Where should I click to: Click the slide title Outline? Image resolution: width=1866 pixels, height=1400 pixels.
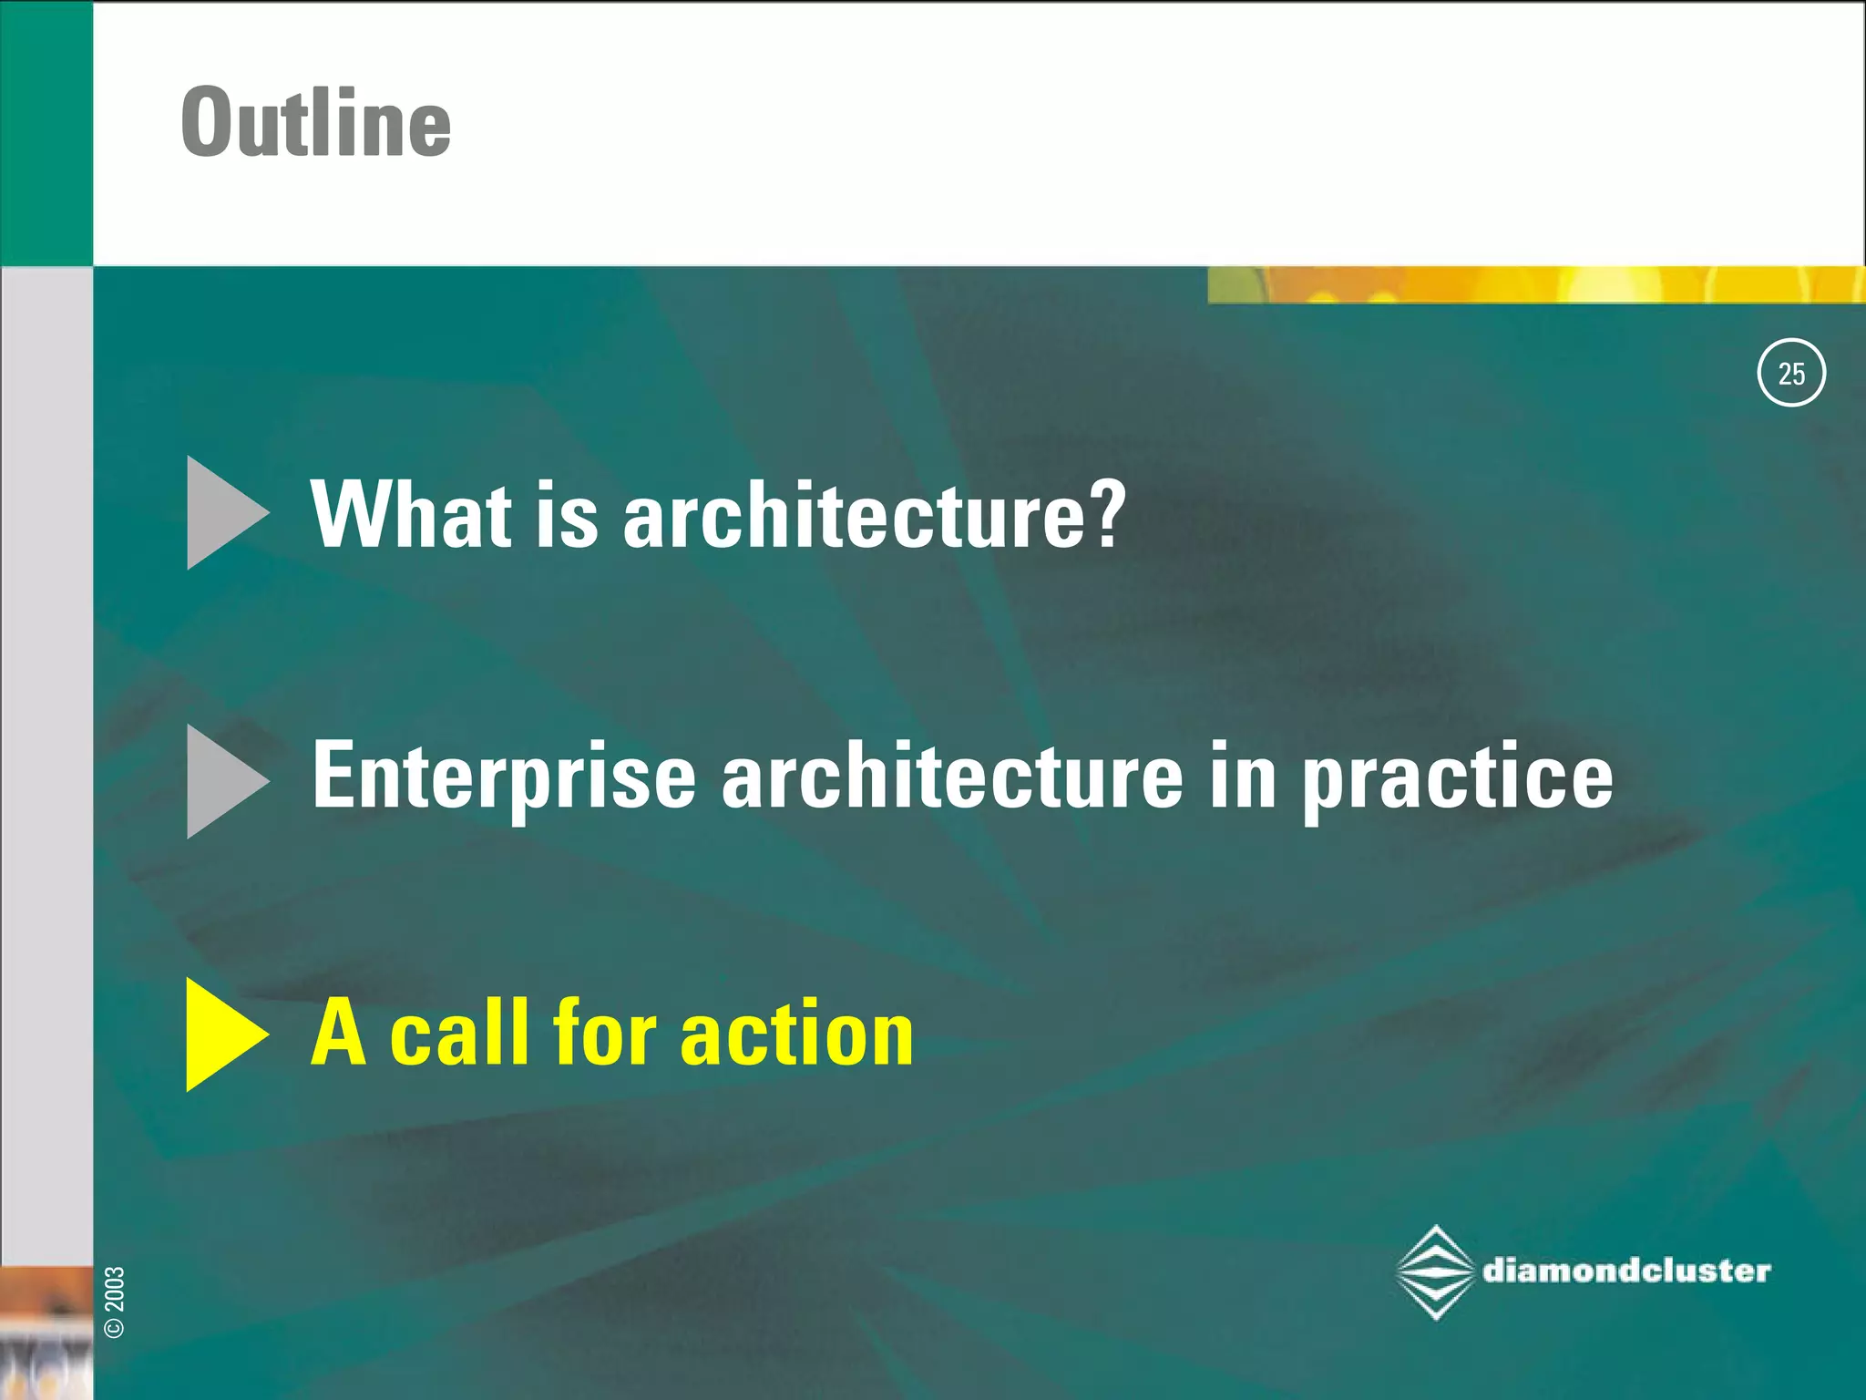315,122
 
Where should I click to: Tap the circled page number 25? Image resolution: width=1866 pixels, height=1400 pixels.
1790,373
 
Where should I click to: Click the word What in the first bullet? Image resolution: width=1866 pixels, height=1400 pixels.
411,515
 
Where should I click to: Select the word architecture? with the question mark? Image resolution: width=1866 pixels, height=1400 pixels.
875,515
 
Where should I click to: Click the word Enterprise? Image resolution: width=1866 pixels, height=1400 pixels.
504,777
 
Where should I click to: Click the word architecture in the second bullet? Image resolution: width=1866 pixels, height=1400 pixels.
952,777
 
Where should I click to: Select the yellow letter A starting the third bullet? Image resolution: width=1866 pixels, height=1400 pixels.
338,1034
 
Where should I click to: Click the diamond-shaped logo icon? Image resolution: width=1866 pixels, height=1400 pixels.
1436,1272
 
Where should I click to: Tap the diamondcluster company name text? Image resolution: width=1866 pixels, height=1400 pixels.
1626,1271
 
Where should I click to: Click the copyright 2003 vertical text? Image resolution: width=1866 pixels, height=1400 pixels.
115,1302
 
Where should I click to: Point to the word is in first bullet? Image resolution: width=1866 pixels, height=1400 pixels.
566,515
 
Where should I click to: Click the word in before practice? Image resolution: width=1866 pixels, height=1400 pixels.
1243,777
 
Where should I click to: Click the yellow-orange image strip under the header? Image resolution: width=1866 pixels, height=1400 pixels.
1535,285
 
